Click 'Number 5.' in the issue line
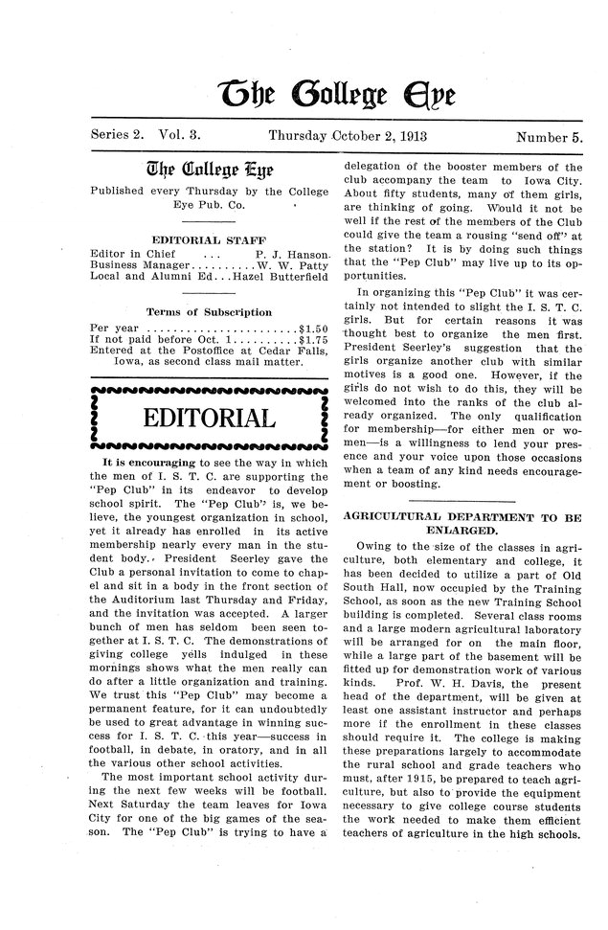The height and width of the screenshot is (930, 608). click(549, 138)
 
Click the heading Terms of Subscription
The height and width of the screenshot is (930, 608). click(208, 312)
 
